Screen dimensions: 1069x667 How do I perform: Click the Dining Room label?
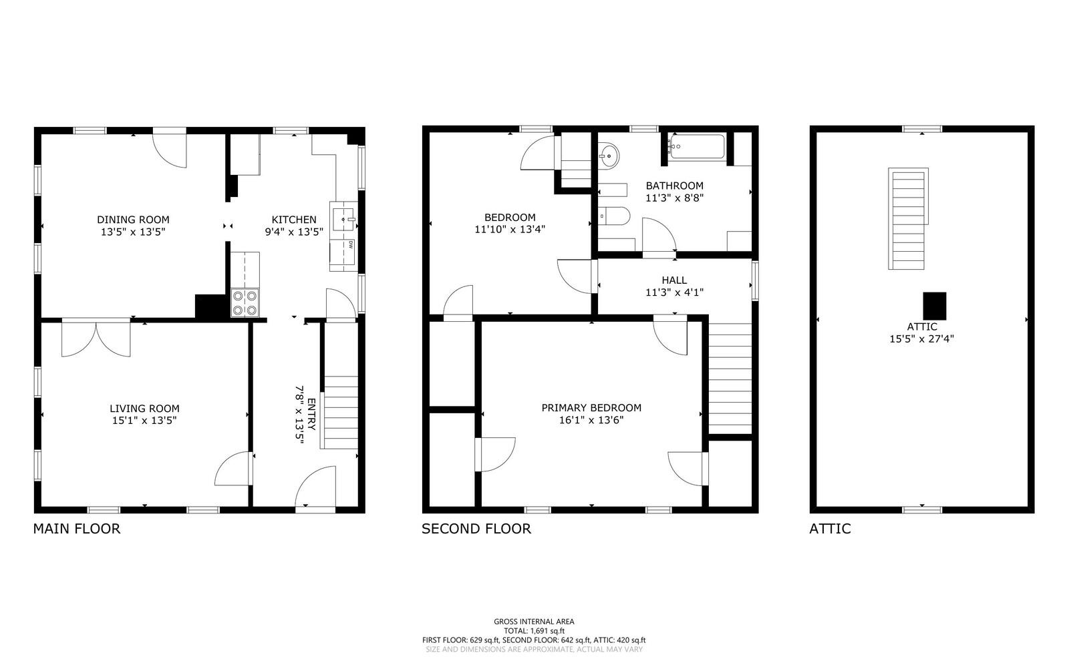pos(133,220)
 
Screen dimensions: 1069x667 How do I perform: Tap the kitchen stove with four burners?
pos(245,302)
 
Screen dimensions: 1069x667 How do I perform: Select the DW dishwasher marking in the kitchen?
pos(351,244)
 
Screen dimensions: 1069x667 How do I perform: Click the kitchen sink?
pos(343,219)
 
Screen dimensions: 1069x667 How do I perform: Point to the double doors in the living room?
pos(96,339)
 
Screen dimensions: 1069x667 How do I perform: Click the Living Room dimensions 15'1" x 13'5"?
pos(144,421)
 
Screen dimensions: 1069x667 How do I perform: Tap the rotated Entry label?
pos(311,415)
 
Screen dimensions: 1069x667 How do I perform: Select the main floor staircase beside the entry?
pos(340,413)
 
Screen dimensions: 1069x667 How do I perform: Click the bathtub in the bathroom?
pos(698,147)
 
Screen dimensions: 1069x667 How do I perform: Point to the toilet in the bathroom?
pos(614,216)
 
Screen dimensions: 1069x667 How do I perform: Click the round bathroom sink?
pos(609,156)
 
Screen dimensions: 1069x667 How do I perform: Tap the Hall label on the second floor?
pos(674,280)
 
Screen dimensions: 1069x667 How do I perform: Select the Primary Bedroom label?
pos(591,408)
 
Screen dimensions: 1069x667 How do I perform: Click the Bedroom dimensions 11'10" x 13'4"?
pos(510,229)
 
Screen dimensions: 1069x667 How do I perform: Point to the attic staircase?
pos(908,218)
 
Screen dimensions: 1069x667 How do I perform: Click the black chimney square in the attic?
pos(935,306)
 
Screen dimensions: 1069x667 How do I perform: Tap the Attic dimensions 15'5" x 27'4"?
pos(921,339)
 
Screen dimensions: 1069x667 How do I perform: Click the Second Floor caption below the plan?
pos(476,529)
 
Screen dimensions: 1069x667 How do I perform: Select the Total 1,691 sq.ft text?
pos(534,631)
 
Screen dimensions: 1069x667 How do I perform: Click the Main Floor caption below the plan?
pos(77,529)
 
